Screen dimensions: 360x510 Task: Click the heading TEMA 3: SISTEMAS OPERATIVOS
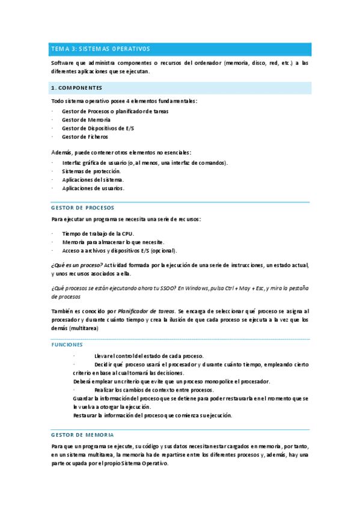100,49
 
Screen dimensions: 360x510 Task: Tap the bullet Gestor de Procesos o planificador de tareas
115,111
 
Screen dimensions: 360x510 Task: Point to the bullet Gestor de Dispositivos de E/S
97,128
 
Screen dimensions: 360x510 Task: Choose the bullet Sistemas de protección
91,171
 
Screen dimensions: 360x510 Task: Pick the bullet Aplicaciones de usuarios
93,188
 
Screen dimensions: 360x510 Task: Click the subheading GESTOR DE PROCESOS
83,207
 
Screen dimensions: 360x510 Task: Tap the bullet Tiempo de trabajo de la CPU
98,233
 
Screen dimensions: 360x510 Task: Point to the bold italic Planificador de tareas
146,312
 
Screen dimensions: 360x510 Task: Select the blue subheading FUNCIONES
67,345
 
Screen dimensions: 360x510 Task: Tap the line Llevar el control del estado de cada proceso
149,356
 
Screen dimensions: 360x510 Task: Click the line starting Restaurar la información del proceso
152,416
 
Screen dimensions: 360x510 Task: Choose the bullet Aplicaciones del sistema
93,179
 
